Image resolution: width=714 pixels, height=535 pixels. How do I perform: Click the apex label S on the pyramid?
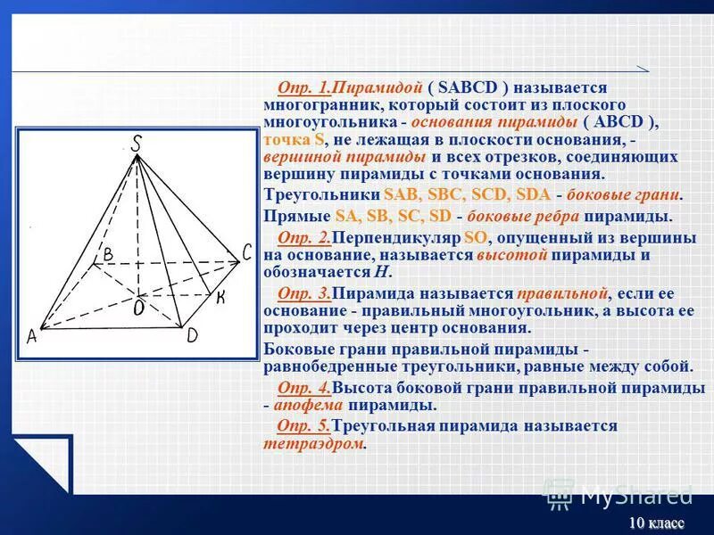(x=137, y=143)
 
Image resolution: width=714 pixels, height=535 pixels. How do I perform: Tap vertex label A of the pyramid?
(x=31, y=337)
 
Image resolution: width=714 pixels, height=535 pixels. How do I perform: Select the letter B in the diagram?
(x=107, y=255)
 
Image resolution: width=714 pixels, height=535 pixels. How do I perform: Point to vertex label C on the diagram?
(x=247, y=253)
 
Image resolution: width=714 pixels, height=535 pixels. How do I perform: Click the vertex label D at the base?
(x=192, y=336)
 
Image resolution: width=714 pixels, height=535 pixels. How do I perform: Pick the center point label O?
(x=139, y=308)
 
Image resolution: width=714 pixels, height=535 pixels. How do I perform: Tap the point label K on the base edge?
(x=220, y=297)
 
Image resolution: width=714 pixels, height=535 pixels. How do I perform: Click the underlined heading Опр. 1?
(x=304, y=87)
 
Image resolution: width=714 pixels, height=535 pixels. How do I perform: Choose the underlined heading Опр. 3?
(x=304, y=293)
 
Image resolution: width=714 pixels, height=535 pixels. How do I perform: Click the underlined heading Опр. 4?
(x=304, y=388)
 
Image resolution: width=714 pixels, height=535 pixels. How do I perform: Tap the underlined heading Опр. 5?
(x=304, y=426)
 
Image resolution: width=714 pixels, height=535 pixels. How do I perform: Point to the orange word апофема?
(x=309, y=405)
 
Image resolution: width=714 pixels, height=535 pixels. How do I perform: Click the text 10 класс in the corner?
(x=656, y=523)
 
